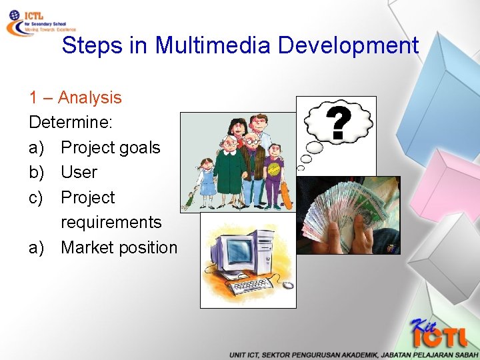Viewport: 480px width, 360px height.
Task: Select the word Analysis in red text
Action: tap(89, 97)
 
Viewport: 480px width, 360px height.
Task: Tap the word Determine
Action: tap(69, 123)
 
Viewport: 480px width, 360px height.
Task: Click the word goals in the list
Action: tap(137, 147)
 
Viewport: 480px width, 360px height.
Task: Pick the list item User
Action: tap(79, 172)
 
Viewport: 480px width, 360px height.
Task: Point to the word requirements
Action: tap(111, 222)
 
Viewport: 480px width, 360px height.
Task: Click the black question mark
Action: tap(338, 125)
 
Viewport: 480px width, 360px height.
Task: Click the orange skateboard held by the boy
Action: tap(286, 193)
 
